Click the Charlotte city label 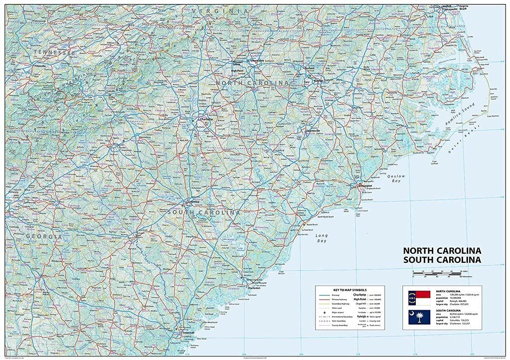(x=206, y=120)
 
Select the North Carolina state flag (x=419, y=298)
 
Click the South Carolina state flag (x=419, y=316)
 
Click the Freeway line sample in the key (x=325, y=295)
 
